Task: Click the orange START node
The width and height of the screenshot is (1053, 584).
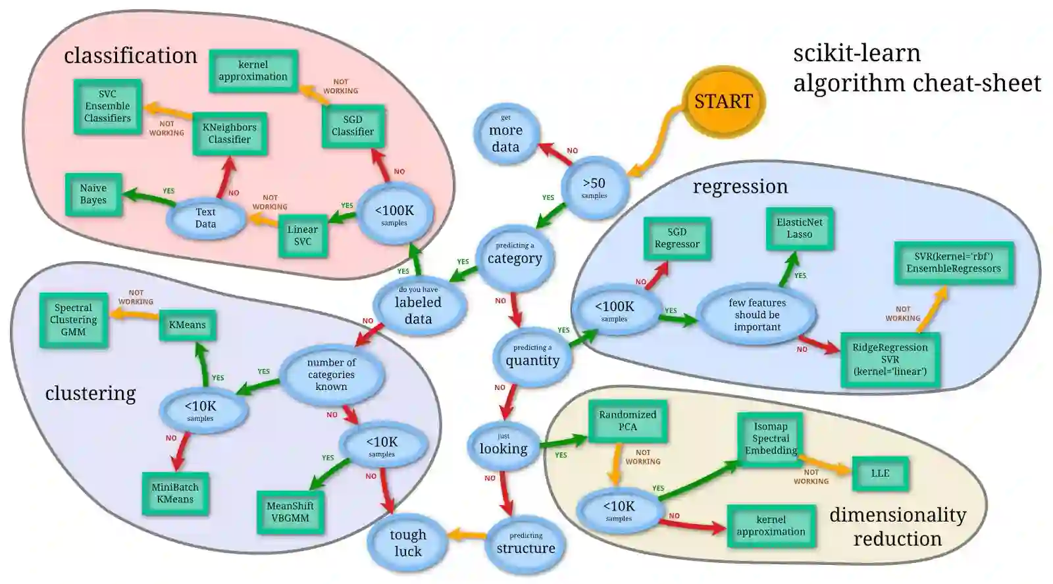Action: coord(723,101)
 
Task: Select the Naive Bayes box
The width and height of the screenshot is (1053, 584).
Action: coord(93,194)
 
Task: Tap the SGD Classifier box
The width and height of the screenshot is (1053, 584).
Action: coord(353,126)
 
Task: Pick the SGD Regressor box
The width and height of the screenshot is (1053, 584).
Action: coord(677,238)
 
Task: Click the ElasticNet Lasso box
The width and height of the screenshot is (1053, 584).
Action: coord(800,228)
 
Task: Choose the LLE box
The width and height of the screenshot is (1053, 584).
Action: coord(880,474)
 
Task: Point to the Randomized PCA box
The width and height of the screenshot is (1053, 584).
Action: coord(627,421)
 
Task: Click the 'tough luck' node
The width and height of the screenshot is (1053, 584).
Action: coord(407,543)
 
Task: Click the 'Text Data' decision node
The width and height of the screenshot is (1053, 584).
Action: coord(205,218)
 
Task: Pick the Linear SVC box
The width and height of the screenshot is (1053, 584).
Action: coord(303,235)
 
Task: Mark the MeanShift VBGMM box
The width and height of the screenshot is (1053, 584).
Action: coord(290,512)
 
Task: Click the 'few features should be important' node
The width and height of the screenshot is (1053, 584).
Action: coord(757,315)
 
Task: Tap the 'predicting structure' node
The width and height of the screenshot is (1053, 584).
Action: coord(525,545)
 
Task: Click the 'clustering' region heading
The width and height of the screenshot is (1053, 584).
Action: coord(90,393)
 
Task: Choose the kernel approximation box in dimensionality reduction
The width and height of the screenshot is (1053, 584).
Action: coord(771,525)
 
